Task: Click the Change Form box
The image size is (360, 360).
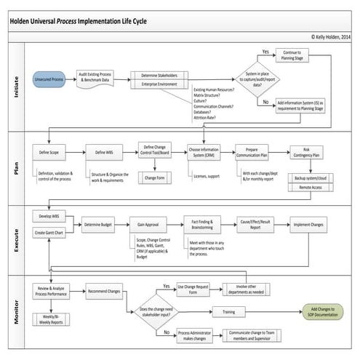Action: (x=154, y=177)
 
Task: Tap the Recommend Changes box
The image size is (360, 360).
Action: (x=103, y=292)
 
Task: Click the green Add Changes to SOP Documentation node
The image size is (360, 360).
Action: (x=324, y=312)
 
